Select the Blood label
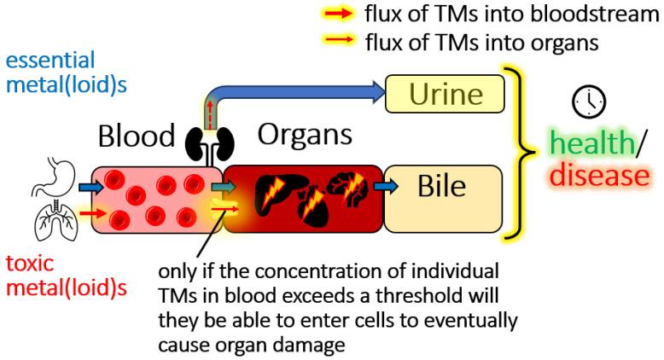[136, 136]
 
